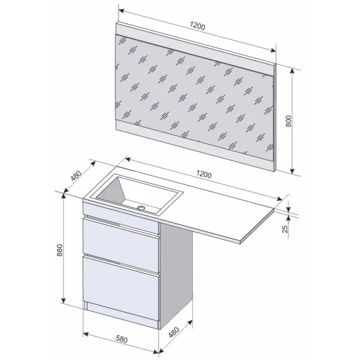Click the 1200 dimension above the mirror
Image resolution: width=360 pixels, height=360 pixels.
[198, 27]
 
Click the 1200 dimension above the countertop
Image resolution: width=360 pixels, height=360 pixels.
[204, 174]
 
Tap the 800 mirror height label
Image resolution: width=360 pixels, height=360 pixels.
[288, 121]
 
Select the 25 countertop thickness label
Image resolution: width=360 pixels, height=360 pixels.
[285, 229]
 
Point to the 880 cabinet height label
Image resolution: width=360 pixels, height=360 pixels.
[60, 250]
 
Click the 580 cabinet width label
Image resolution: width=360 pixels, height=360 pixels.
[121, 339]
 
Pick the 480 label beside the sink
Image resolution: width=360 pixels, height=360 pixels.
[76, 176]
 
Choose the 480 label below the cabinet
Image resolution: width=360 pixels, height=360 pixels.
[174, 332]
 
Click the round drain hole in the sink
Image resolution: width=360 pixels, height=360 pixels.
[141, 208]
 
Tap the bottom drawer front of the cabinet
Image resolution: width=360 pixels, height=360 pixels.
[121, 289]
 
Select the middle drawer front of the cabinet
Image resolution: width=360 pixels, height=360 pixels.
[121, 246]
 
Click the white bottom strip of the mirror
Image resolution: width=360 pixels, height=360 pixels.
[195, 145]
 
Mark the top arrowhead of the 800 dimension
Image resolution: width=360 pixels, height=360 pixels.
[292, 71]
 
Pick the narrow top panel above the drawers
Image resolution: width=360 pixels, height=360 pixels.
[121, 217]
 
